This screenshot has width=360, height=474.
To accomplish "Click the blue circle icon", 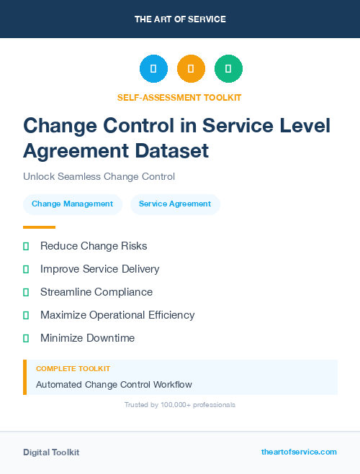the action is point(153,68).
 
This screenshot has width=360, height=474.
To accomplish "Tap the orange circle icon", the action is point(191,68).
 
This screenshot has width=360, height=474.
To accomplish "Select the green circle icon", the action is point(228,68).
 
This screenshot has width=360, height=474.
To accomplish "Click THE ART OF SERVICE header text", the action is point(180,19).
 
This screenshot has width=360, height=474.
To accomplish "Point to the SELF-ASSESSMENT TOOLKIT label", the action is point(179,97).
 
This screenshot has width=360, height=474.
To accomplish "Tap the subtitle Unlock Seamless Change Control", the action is point(99,176).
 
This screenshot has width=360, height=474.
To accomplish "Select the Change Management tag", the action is point(72,204).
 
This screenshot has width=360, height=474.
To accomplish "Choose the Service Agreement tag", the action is point(175,204).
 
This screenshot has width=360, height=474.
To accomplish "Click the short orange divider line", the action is point(39,227).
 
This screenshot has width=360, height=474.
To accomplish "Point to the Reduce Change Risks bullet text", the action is point(94,246).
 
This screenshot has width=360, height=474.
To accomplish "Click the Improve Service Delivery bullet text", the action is point(99,269).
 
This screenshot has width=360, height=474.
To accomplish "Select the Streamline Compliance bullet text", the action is point(96,292).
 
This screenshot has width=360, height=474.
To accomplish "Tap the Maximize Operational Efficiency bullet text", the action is point(117,315).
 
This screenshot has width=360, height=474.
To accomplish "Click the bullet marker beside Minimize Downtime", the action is point(26,338).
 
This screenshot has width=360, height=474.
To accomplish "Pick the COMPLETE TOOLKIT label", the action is point(73,368).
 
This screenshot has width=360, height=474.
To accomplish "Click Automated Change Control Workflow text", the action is point(114,384).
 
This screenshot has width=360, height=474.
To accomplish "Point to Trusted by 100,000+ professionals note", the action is point(180,405).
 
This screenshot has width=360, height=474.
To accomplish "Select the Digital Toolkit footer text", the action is point(51,452).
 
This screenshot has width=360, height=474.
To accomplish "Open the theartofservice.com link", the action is point(299,452).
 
